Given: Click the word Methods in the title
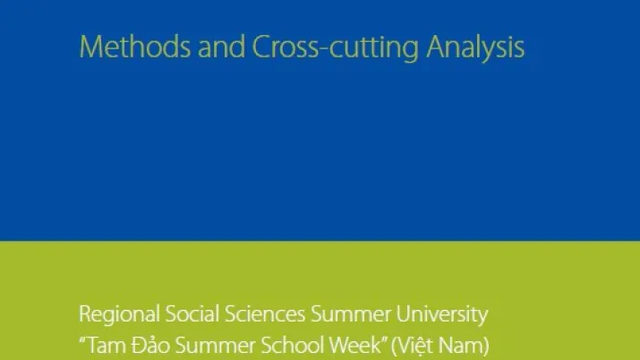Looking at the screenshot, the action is coord(134,47).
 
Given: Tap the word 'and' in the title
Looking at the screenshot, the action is coord(222,47).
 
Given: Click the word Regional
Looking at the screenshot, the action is coord(119,315).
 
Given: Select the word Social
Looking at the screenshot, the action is coord(192,313).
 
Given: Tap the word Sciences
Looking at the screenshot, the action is coord(265,313).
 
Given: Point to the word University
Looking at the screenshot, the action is coord(442,315).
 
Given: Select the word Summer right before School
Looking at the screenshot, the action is coord(215,346).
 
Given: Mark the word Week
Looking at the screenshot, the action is coord(354,346).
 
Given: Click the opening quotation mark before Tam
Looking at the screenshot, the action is coord(83,340).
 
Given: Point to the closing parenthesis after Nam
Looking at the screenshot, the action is coord(486,347).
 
